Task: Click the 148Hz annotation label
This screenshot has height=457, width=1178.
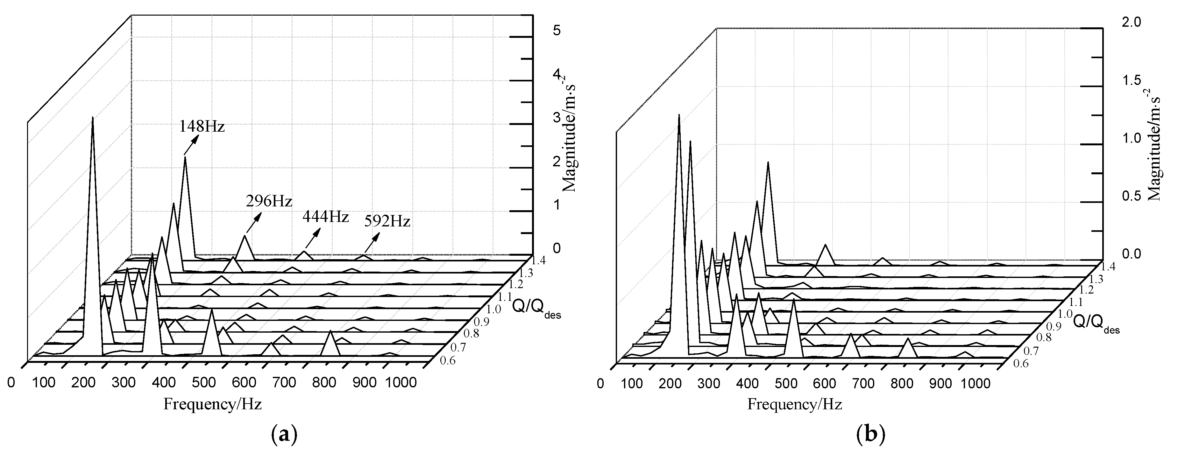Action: [x=201, y=126]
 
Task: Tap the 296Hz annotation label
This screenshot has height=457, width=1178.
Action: [x=269, y=201]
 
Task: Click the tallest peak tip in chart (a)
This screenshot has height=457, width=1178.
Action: [x=93, y=118]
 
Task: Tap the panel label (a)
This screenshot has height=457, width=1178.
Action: [x=284, y=434]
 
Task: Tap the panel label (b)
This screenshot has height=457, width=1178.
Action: [x=872, y=434]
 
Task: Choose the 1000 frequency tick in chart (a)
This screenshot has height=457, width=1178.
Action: [x=401, y=382]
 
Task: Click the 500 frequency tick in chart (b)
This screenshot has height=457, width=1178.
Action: [x=786, y=383]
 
